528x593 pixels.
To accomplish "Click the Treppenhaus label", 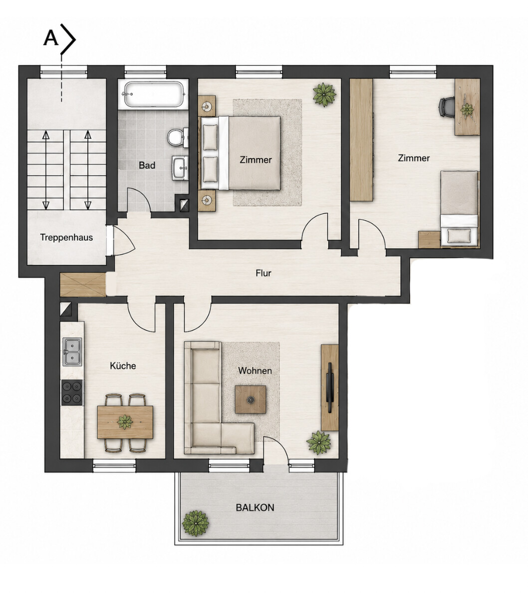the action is pyautogui.click(x=66, y=238).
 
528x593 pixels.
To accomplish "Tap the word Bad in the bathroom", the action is pyautogui.click(x=147, y=165).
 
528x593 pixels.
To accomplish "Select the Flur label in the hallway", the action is pyautogui.click(x=264, y=273).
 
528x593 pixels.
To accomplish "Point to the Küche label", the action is pyautogui.click(x=123, y=366).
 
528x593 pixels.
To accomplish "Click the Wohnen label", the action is pyautogui.click(x=255, y=370).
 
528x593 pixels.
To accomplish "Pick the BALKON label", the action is pyautogui.click(x=255, y=508).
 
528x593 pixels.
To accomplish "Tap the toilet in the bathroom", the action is pyautogui.click(x=177, y=137).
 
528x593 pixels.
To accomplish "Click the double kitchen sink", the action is pyautogui.click(x=72, y=352).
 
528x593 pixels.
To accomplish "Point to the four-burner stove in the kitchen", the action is pyautogui.click(x=72, y=392).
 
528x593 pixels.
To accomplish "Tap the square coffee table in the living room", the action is pyautogui.click(x=250, y=399).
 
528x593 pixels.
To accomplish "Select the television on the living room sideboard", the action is pyautogui.click(x=330, y=388).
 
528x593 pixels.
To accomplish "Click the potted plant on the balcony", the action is pyautogui.click(x=196, y=524).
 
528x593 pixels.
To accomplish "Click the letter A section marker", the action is pyautogui.click(x=51, y=38).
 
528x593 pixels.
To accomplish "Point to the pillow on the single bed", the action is pyautogui.click(x=459, y=236).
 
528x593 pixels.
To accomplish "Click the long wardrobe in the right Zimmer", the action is pyautogui.click(x=361, y=139).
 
